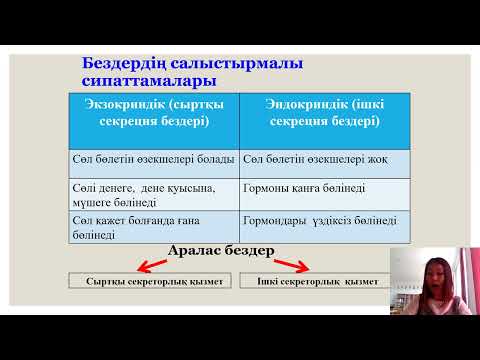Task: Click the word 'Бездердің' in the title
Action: (120, 64)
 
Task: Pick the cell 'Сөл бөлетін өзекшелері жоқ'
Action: (312, 160)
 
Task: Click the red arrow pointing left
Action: (153, 265)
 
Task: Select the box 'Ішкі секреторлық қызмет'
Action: (311, 282)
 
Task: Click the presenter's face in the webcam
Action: (437, 275)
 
